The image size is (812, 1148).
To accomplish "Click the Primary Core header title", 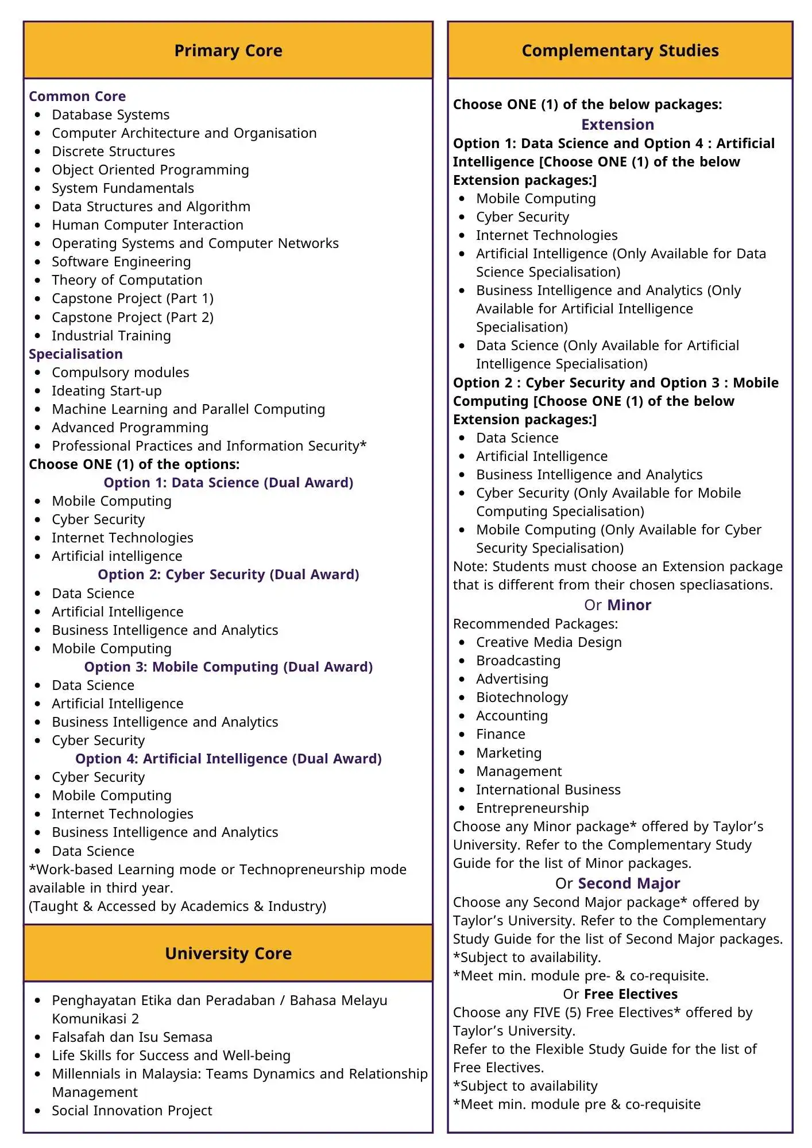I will [x=228, y=51].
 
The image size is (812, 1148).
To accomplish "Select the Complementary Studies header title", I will [x=620, y=51].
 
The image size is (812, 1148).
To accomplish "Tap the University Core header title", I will [x=228, y=953].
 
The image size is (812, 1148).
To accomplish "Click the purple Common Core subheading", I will [x=77, y=96].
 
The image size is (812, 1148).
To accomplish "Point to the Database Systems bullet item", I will [x=110, y=115].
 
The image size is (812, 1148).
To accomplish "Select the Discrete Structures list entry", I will [x=113, y=152].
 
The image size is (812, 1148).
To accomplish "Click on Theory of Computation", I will [x=127, y=280].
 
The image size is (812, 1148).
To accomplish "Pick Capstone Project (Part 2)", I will [x=132, y=317].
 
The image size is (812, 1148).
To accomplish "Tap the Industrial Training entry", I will [x=111, y=336].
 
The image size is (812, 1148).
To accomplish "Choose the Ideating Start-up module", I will [x=106, y=391].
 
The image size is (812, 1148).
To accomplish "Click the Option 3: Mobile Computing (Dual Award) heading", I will [x=228, y=667].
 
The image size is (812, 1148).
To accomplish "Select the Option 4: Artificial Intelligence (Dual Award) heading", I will [x=228, y=759].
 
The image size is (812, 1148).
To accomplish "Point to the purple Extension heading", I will [x=617, y=125].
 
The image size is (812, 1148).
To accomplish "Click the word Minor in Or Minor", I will [x=629, y=605].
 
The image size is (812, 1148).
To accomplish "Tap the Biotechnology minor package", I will [x=521, y=697].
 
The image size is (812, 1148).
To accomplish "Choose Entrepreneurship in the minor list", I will [x=532, y=808].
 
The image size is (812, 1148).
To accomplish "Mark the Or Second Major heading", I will [x=617, y=883].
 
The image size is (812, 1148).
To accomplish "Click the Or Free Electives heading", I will [x=620, y=994].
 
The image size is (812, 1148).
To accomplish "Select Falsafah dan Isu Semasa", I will [x=132, y=1037].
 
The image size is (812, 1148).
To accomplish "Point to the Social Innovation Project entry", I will [x=132, y=1111].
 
